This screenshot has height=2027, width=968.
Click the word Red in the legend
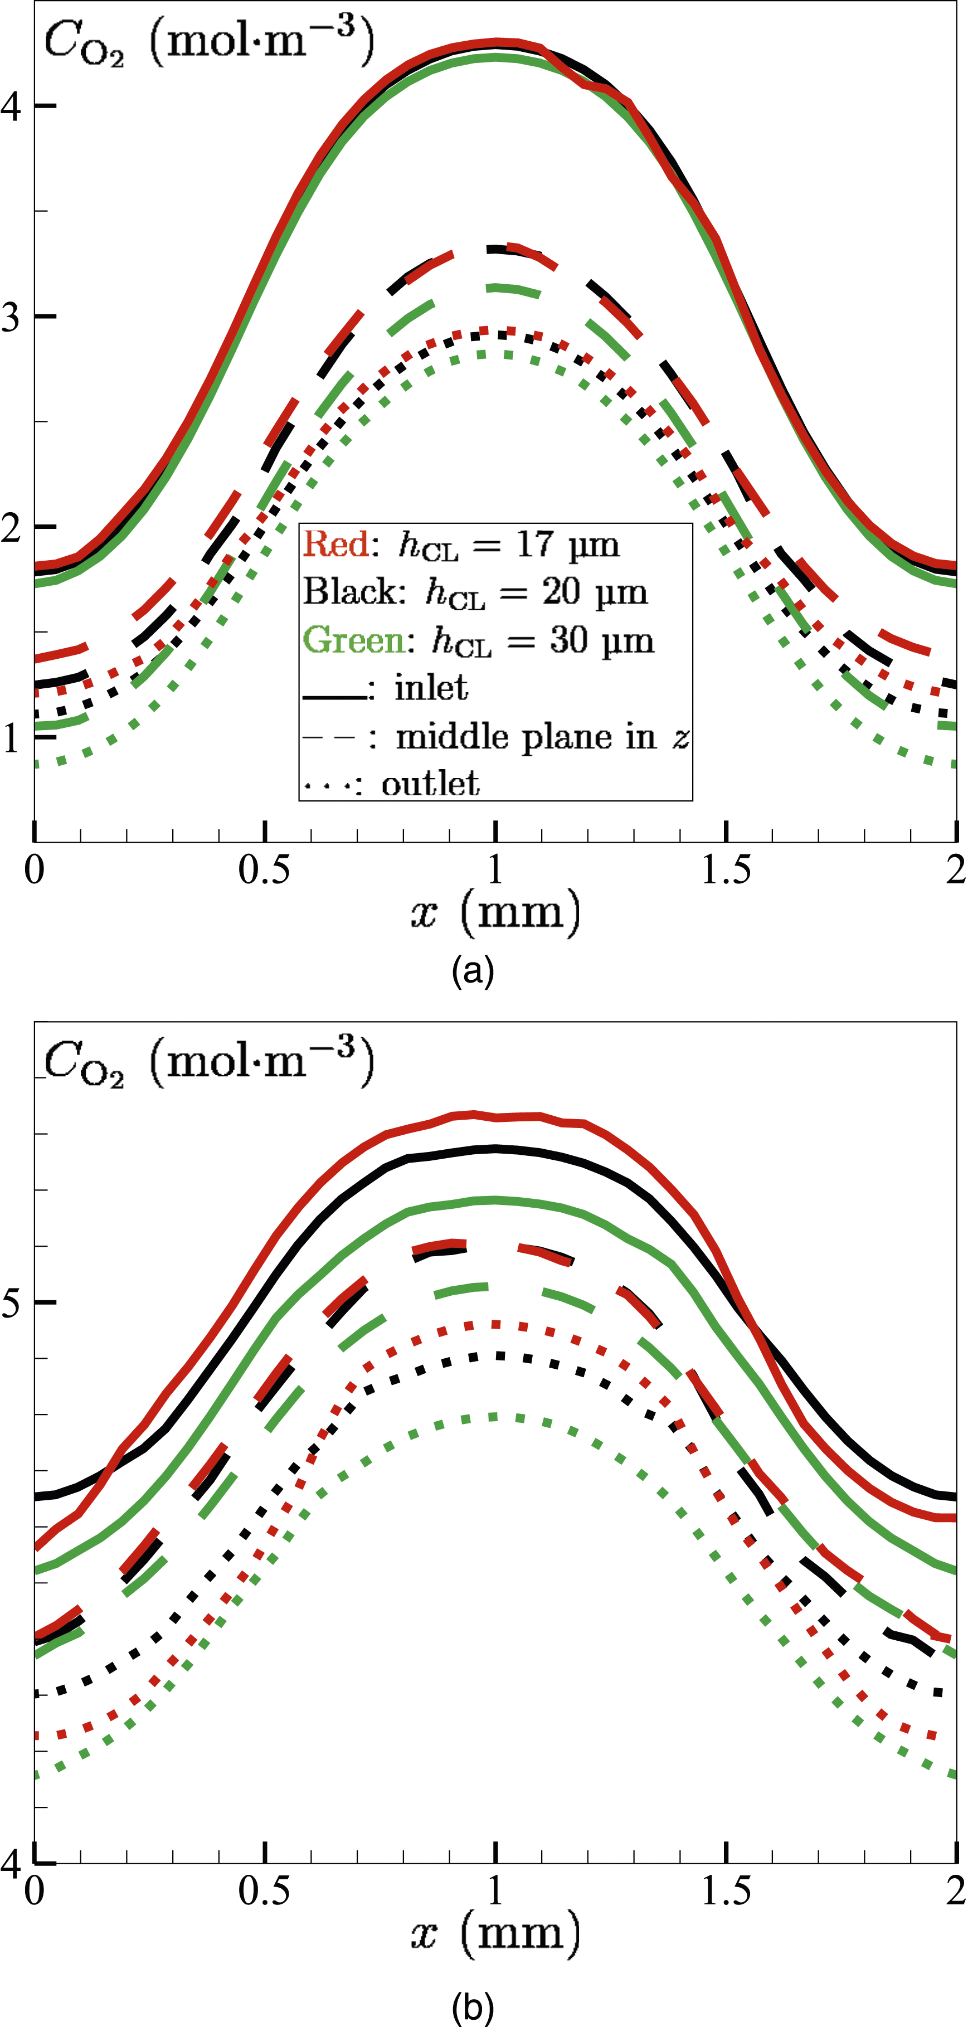click(x=337, y=544)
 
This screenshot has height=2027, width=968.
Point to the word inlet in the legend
click(x=431, y=688)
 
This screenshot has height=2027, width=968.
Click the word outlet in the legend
click(x=430, y=784)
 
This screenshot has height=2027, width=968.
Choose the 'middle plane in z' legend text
click(x=543, y=737)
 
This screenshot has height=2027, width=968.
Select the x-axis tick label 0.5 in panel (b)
click(x=265, y=1890)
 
